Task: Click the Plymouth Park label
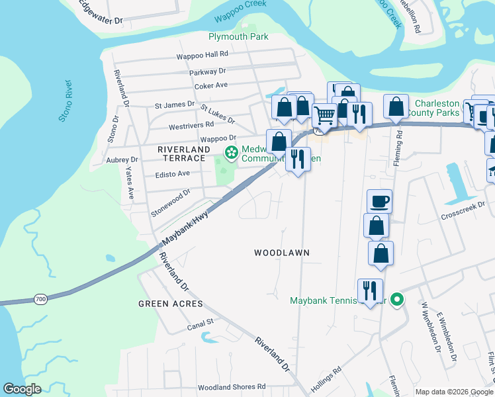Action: (x=238, y=37)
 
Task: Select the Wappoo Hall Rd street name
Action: (x=202, y=54)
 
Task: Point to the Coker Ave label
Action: (x=211, y=85)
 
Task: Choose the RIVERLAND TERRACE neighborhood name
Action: (x=181, y=154)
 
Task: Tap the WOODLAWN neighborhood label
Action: (x=282, y=253)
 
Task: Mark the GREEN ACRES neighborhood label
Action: (x=165, y=304)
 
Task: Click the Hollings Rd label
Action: (x=326, y=380)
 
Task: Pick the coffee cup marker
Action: (x=380, y=200)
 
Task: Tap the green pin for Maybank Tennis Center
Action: (x=396, y=300)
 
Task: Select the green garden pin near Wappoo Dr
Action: (x=231, y=154)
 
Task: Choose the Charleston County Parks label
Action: (x=436, y=108)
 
